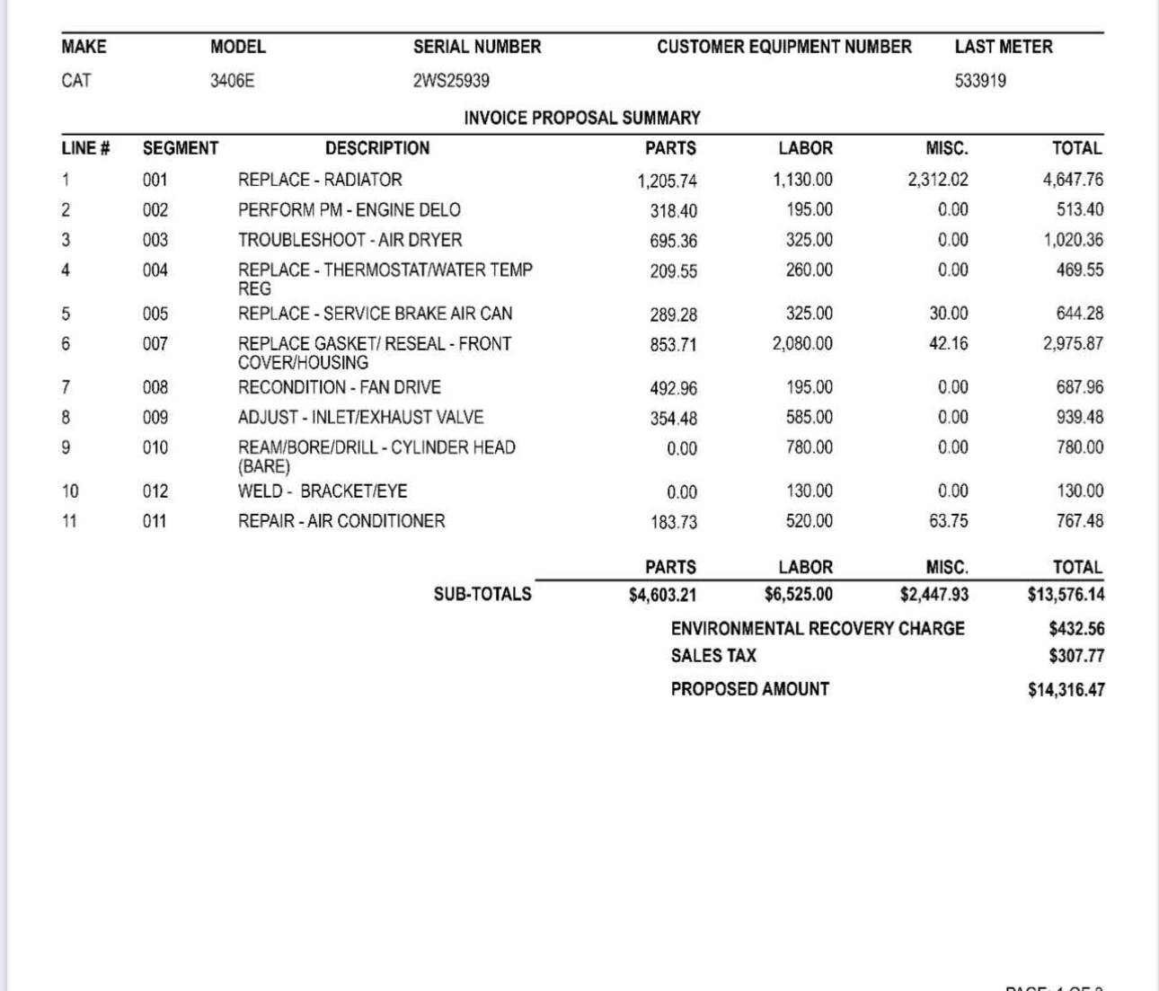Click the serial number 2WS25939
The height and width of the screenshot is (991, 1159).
click(x=451, y=81)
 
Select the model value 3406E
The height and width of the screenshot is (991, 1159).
click(x=232, y=81)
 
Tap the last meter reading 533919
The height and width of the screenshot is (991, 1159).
click(x=980, y=81)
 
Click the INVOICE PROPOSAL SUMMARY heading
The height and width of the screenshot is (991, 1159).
click(x=581, y=118)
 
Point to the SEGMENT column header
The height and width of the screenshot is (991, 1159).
click(x=180, y=148)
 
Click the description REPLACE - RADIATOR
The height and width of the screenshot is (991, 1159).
click(x=320, y=180)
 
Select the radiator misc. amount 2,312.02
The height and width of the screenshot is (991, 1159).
click(x=938, y=180)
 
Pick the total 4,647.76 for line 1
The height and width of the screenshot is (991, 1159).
click(x=1073, y=180)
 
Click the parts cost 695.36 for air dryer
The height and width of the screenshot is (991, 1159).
click(x=673, y=241)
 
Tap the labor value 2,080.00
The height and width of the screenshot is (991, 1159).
click(x=802, y=343)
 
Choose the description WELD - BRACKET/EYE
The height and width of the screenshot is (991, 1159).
click(x=323, y=491)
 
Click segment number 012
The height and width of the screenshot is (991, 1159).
click(x=155, y=491)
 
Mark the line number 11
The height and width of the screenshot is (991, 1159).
click(x=70, y=521)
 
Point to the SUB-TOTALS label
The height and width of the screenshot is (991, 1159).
click(x=482, y=594)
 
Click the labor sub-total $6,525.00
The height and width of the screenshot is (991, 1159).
click(x=799, y=595)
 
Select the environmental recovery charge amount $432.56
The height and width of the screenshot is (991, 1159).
click(x=1076, y=629)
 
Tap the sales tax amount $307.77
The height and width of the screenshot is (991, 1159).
click(x=1076, y=656)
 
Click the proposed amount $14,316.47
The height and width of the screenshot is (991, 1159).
click(x=1066, y=690)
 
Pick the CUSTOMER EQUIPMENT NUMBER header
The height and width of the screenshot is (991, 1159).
click(x=783, y=47)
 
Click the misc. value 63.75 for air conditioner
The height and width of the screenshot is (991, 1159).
click(x=949, y=521)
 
